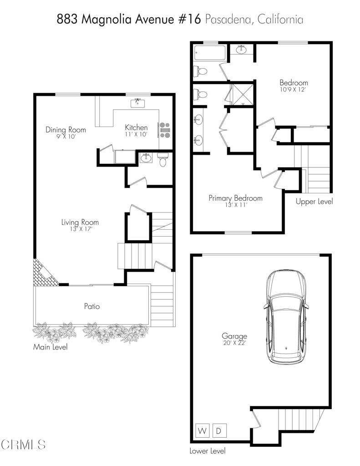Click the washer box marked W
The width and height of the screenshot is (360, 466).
tap(203, 431)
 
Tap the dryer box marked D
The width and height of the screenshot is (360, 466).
tap(219, 431)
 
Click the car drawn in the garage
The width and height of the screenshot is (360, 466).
tap(286, 317)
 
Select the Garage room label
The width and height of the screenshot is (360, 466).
tap(234, 336)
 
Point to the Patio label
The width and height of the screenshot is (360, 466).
tap(92, 306)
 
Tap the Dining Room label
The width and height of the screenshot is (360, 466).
tap(66, 130)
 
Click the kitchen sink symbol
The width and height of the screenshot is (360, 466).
tap(137, 103)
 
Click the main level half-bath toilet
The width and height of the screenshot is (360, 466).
tap(162, 160)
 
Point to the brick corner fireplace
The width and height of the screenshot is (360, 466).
tap(45, 273)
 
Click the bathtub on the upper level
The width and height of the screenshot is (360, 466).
tap(210, 53)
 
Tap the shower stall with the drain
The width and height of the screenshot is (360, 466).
tap(243, 95)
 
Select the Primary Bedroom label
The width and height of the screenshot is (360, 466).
tap(235, 198)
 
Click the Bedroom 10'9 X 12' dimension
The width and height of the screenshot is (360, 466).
tap(293, 90)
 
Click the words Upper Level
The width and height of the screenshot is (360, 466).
tap(314, 202)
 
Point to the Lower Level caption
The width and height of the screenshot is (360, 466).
tap(208, 451)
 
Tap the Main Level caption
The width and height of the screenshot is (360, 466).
tap(50, 347)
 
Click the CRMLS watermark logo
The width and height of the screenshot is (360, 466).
tap(23, 445)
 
